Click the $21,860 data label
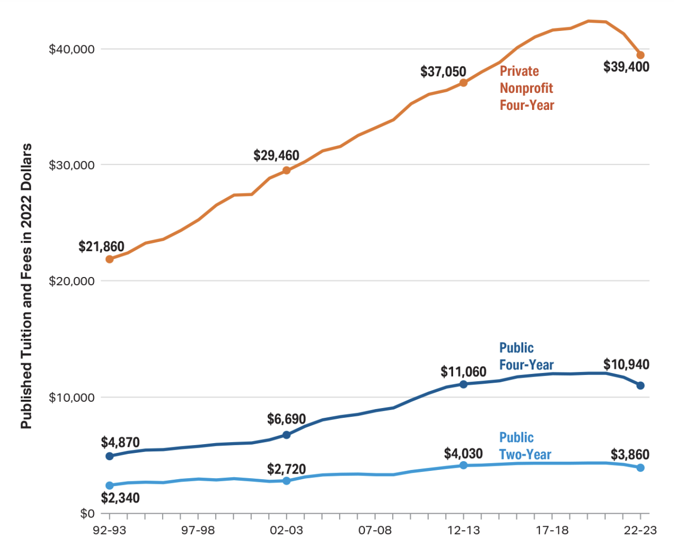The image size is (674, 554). coord(101,247)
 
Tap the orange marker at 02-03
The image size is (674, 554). coord(286,170)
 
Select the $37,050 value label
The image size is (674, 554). coord(443,72)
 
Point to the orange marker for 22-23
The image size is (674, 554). coord(640,55)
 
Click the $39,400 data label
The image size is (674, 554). coord(626,67)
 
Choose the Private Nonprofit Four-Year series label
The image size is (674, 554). coord(526,88)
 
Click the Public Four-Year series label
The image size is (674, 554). coord(526,356)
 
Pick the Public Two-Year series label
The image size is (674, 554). coord(525,446)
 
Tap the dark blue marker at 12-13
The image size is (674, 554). coord(463,384)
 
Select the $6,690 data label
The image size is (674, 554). coord(286,419)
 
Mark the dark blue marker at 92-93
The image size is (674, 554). coord(109,456)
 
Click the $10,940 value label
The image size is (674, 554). coord(626,365)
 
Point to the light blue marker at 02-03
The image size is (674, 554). coord(286,481)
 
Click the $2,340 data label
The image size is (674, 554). coord(120,498)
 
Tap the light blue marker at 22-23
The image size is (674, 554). coord(640,467)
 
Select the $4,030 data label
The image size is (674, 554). coord(463,454)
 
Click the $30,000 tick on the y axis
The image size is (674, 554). coord(72,165)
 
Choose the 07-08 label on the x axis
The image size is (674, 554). coord(375,531)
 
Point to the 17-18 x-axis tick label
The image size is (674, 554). coord(552,531)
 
